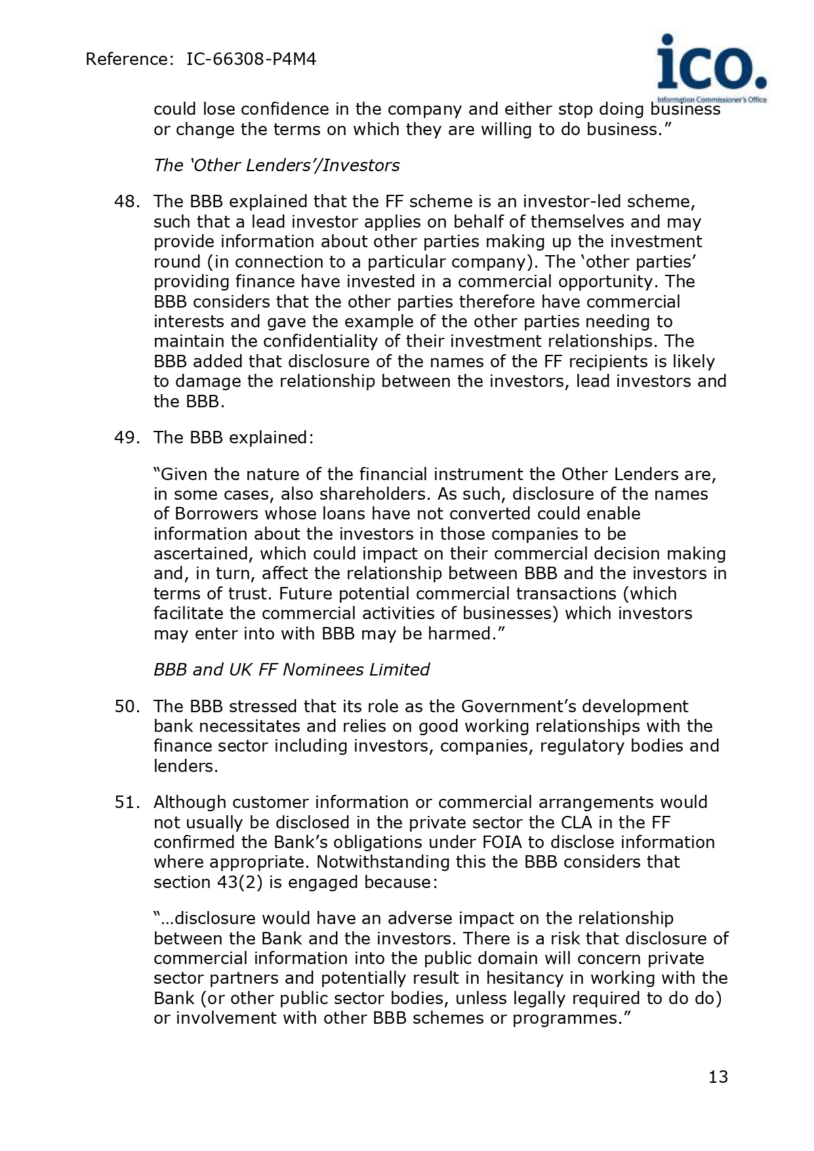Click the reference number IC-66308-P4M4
251,60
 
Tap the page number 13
718,1077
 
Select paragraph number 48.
126,201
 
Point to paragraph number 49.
126,437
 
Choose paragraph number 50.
126,706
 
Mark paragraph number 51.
126,802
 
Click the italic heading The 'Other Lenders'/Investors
276,165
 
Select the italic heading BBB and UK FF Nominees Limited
291,670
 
